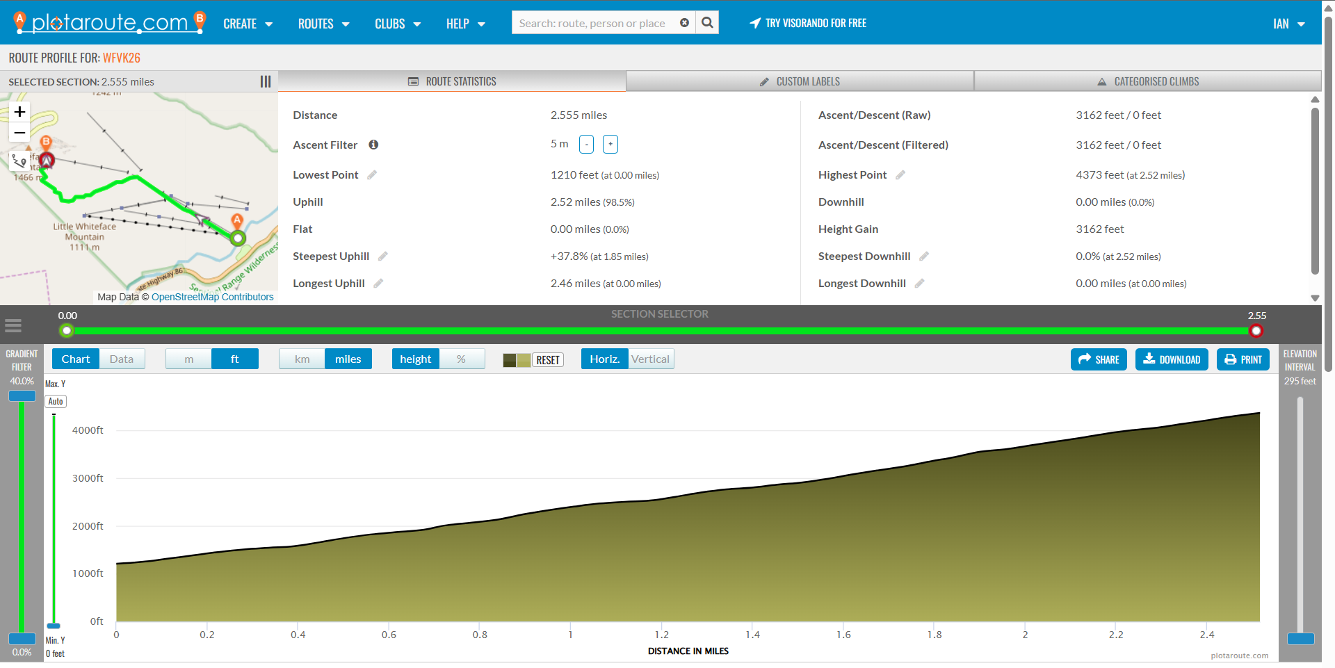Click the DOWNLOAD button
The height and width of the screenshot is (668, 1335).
click(x=1172, y=359)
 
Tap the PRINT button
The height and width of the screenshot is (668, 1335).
click(x=1243, y=359)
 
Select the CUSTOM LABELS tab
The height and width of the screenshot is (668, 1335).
click(x=800, y=81)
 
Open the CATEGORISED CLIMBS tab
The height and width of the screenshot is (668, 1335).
click(x=1148, y=81)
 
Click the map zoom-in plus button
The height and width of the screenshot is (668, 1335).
click(x=19, y=112)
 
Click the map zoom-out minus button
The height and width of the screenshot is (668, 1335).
click(x=19, y=133)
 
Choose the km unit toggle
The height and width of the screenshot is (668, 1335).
click(x=302, y=359)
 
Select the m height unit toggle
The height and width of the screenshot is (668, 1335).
click(x=188, y=359)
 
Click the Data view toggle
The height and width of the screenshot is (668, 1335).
click(x=121, y=359)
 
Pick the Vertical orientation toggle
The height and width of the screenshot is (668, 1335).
click(x=650, y=359)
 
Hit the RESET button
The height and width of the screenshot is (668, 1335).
click(x=547, y=360)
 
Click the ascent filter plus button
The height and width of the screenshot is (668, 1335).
click(x=610, y=145)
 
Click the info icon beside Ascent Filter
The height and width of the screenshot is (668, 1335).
click(x=373, y=145)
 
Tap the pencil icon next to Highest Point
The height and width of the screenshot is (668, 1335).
click(x=900, y=175)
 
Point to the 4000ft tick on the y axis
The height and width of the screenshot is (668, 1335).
click(x=88, y=430)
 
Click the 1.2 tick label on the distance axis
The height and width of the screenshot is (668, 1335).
click(x=661, y=635)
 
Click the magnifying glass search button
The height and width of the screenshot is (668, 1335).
click(x=707, y=23)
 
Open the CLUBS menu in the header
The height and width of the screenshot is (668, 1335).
click(x=397, y=24)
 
